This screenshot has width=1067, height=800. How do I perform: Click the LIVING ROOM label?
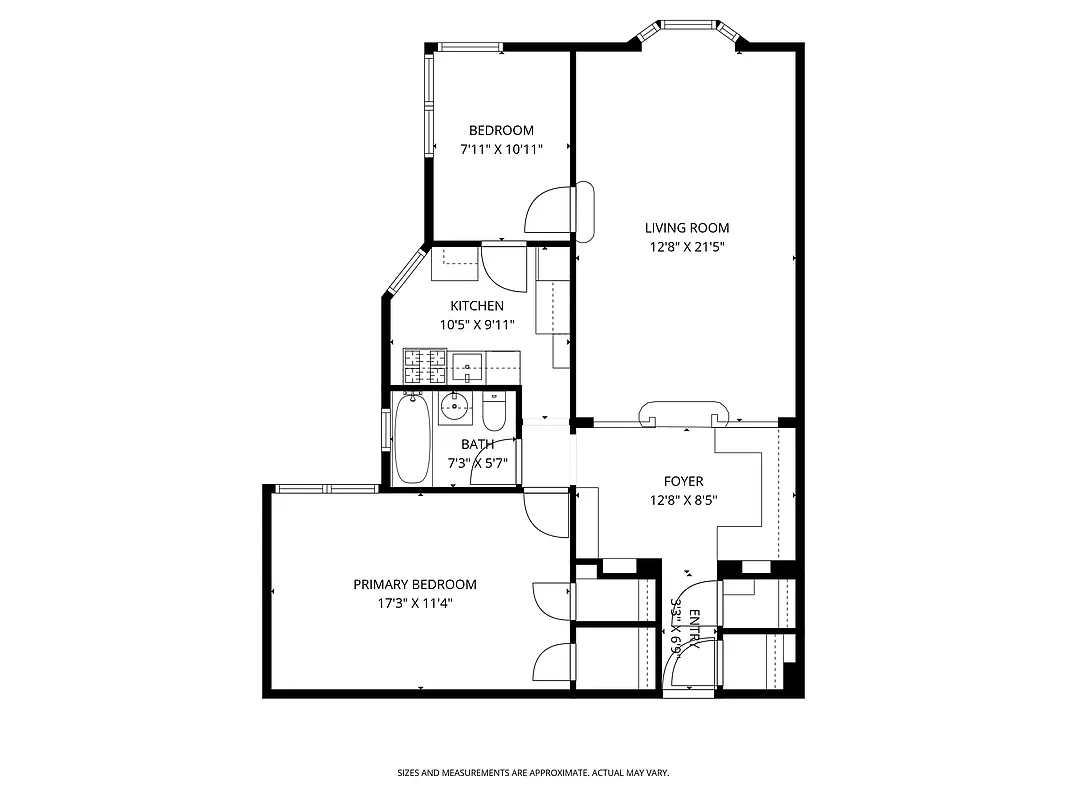pyautogui.click(x=686, y=228)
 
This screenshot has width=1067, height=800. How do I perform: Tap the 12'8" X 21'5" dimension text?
pyautogui.click(x=686, y=246)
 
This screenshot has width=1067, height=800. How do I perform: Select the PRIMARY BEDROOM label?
pyautogui.click(x=414, y=585)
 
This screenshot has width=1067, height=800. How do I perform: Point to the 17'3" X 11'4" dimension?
pyautogui.click(x=414, y=603)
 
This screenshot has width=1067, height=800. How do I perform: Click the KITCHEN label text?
pyautogui.click(x=476, y=306)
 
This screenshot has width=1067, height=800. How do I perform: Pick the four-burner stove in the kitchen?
pyautogui.click(x=425, y=367)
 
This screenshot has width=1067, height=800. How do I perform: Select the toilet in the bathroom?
pyautogui.click(x=494, y=411)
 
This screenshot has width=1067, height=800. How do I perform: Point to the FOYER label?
pyautogui.click(x=684, y=482)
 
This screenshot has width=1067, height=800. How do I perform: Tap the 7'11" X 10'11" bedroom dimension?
pyautogui.click(x=501, y=149)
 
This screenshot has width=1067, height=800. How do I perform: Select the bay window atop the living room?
pyautogui.click(x=691, y=24)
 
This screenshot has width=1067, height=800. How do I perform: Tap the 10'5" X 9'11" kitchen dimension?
pyautogui.click(x=476, y=324)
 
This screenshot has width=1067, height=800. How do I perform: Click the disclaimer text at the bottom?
pyautogui.click(x=533, y=773)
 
